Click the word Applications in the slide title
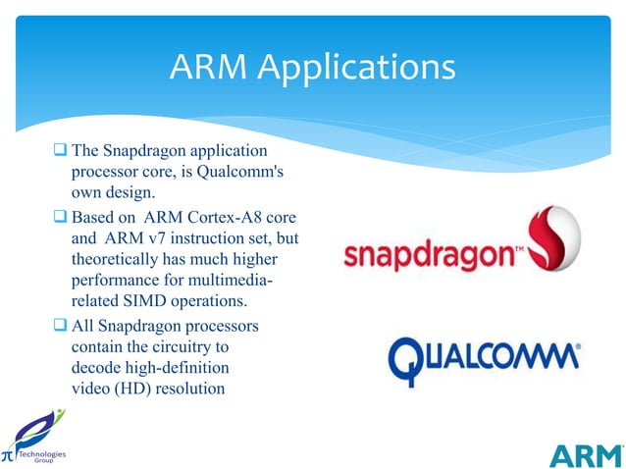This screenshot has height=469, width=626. (360, 68)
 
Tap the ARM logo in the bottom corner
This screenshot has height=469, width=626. (586, 456)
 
